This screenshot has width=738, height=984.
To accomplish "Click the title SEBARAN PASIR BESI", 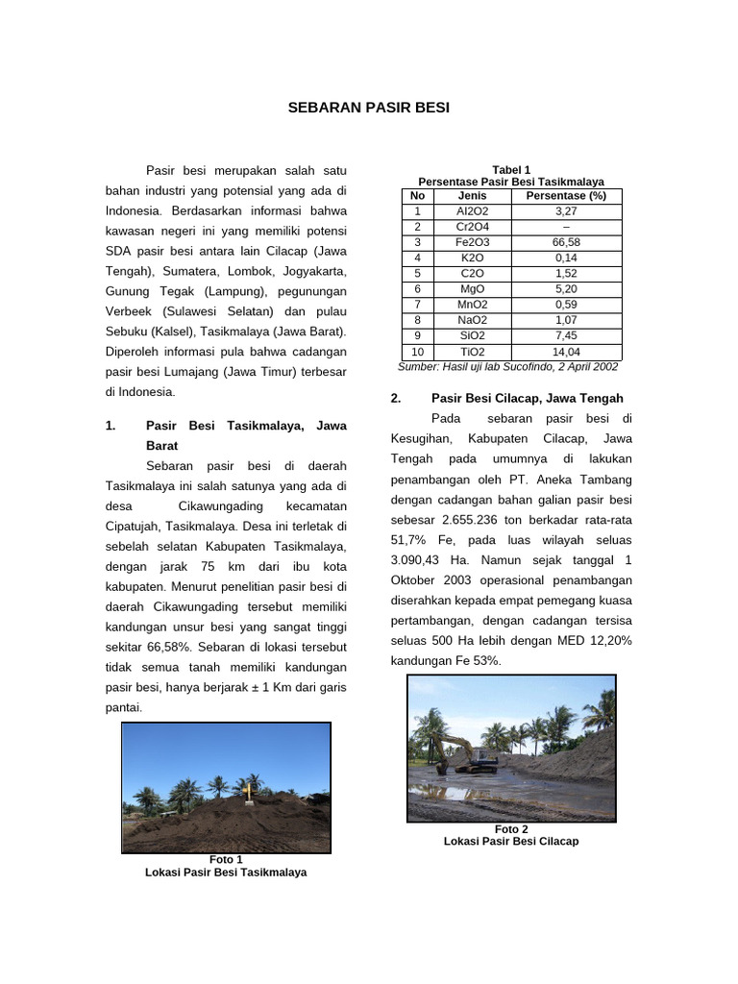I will [369, 108].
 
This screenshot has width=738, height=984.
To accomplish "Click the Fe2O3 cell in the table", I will [472, 242].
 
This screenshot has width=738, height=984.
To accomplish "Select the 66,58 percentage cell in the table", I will [567, 242].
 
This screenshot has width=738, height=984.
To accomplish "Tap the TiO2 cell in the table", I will [472, 352].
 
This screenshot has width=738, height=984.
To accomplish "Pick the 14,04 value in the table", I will [567, 352].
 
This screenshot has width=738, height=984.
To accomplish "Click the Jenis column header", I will [472, 196].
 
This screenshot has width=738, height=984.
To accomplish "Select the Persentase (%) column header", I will [567, 196].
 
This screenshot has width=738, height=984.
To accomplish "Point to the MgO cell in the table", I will [472, 288].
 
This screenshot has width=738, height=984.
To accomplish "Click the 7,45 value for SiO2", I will [567, 335].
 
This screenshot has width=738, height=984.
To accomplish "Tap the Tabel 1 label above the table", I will [511, 170].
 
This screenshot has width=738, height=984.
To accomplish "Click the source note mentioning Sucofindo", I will [508, 367].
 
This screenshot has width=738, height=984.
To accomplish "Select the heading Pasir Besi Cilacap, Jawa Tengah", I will [527, 398].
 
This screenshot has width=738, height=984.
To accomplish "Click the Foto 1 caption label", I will [226, 859].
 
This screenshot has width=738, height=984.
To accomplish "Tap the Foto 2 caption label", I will [511, 829].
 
